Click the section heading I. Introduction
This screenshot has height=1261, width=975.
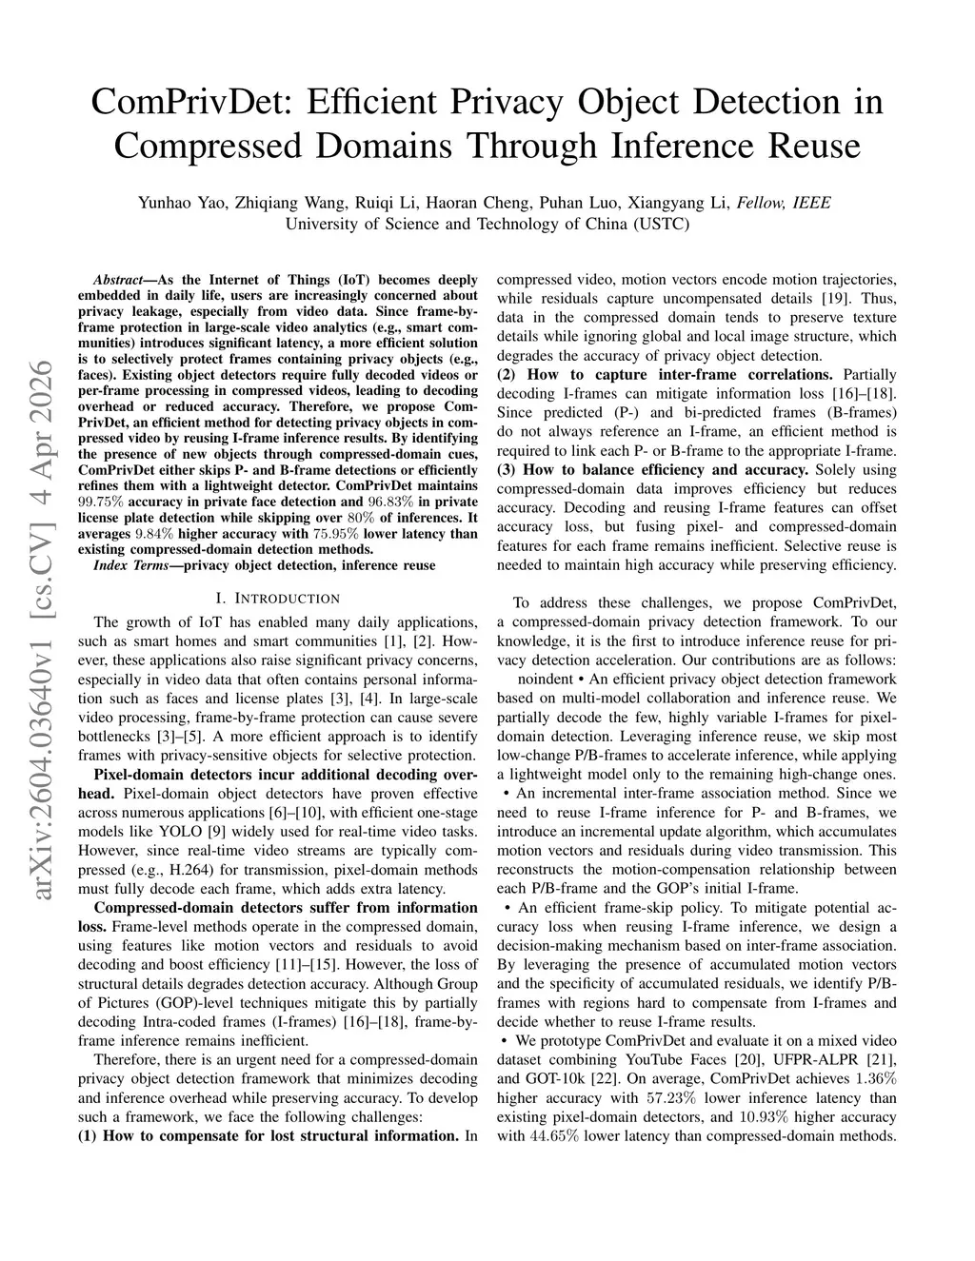[277, 599]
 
